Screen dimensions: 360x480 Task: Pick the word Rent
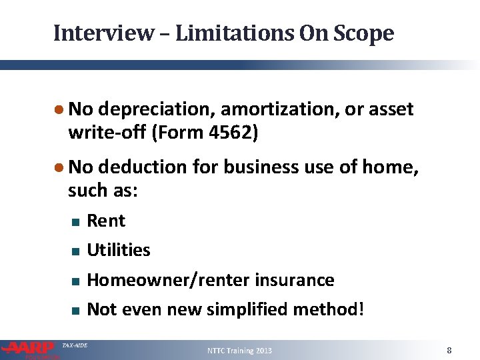(x=106, y=221)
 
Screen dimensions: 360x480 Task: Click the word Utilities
(x=119, y=250)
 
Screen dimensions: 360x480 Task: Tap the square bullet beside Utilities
(x=75, y=251)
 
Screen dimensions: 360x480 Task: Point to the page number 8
(x=449, y=350)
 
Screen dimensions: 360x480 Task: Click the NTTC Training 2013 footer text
(x=239, y=351)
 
